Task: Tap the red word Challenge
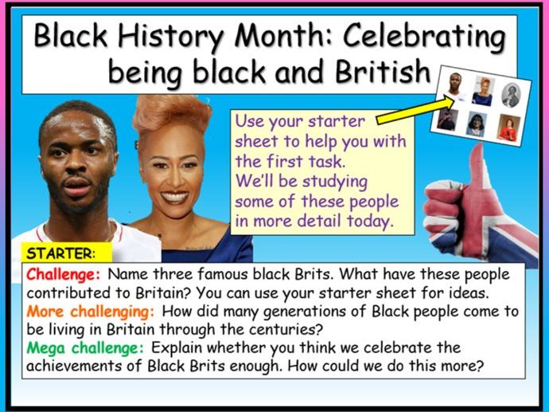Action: [x=64, y=275]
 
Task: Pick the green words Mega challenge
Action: [x=85, y=348]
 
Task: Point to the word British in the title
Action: [x=383, y=71]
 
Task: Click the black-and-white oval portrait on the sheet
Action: [x=511, y=95]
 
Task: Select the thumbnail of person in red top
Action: [x=509, y=127]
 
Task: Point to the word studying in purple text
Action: [x=334, y=182]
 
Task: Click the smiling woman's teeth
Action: [x=174, y=196]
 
